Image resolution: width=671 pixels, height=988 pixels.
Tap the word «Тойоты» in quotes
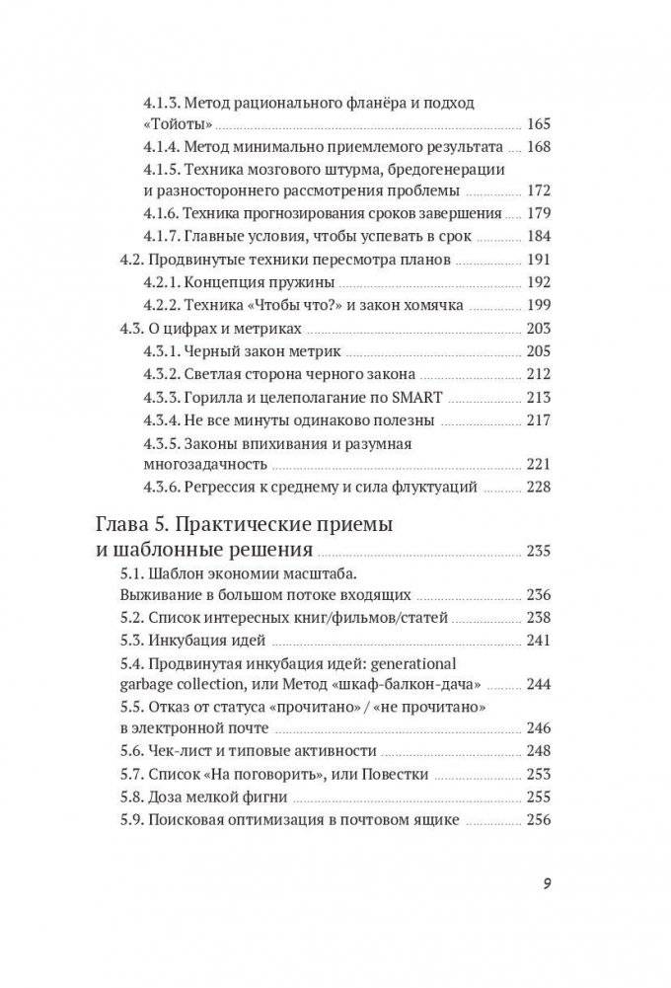click(181, 125)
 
